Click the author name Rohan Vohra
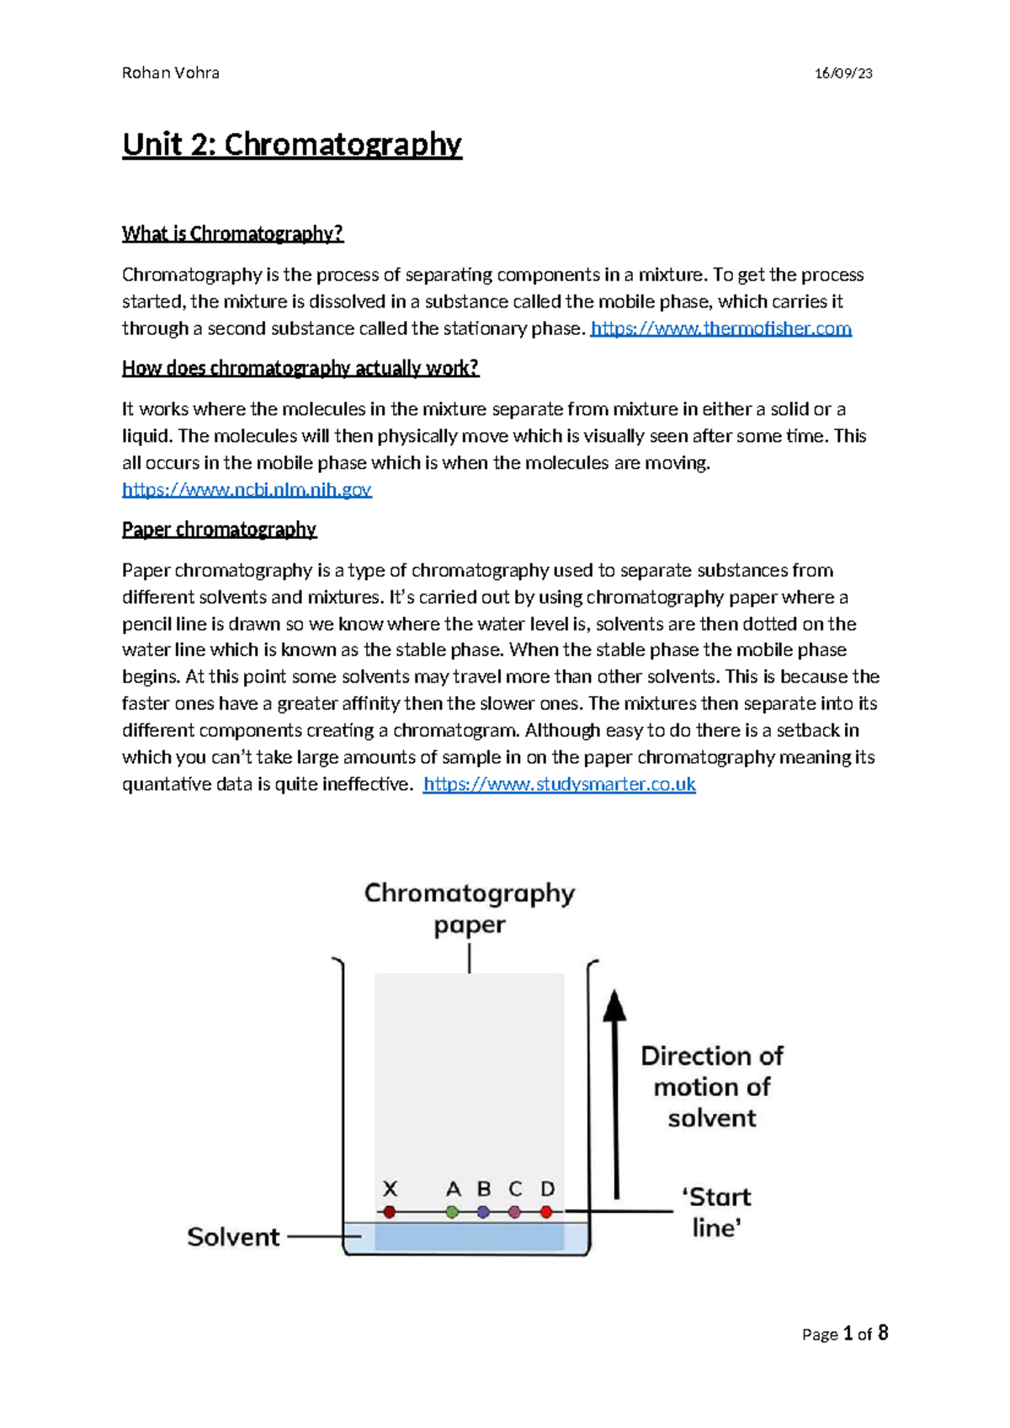[170, 73]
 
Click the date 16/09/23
[843, 73]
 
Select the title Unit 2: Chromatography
[291, 145]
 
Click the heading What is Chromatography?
[232, 234]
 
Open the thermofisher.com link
[721, 328]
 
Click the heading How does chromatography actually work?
[300, 368]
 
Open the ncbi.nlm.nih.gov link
[247, 489]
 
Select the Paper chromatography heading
[219, 530]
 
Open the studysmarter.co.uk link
[559, 785]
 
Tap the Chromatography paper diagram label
[469, 908]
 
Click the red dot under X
[389, 1212]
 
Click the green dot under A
[453, 1212]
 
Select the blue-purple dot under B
[483, 1212]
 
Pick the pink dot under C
[514, 1212]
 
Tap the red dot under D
[546, 1212]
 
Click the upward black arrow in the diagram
[615, 1095]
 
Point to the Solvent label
[233, 1237]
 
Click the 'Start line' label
[716, 1212]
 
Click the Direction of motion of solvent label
[712, 1087]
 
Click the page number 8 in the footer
[883, 1333]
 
